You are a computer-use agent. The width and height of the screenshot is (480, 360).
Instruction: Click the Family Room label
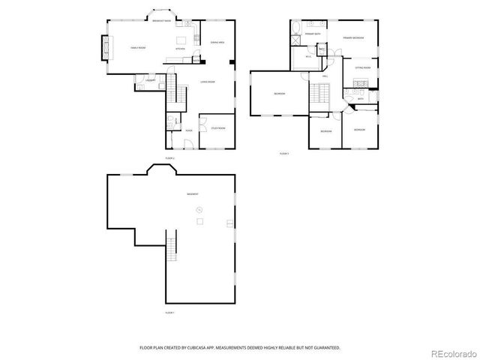[x=137, y=47]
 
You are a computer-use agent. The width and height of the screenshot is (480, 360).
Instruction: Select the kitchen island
[x=181, y=40]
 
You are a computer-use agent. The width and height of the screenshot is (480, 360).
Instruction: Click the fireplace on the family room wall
[x=105, y=47]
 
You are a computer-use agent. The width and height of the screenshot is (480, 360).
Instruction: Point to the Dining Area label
[x=217, y=42]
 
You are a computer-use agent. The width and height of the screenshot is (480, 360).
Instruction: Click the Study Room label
[x=217, y=128]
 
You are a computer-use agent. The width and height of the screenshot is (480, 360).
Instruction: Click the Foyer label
[x=188, y=130]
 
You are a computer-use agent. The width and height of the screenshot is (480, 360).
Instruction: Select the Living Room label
[x=208, y=82]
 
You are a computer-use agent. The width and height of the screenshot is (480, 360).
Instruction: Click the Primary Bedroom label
[x=354, y=37]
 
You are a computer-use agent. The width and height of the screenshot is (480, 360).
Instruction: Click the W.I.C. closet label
[x=308, y=57]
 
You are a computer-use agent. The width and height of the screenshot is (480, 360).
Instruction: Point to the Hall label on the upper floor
[x=325, y=76]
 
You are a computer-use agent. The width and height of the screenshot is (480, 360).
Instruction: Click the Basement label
[x=193, y=194]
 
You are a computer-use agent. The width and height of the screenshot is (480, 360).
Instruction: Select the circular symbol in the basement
[x=199, y=210]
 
